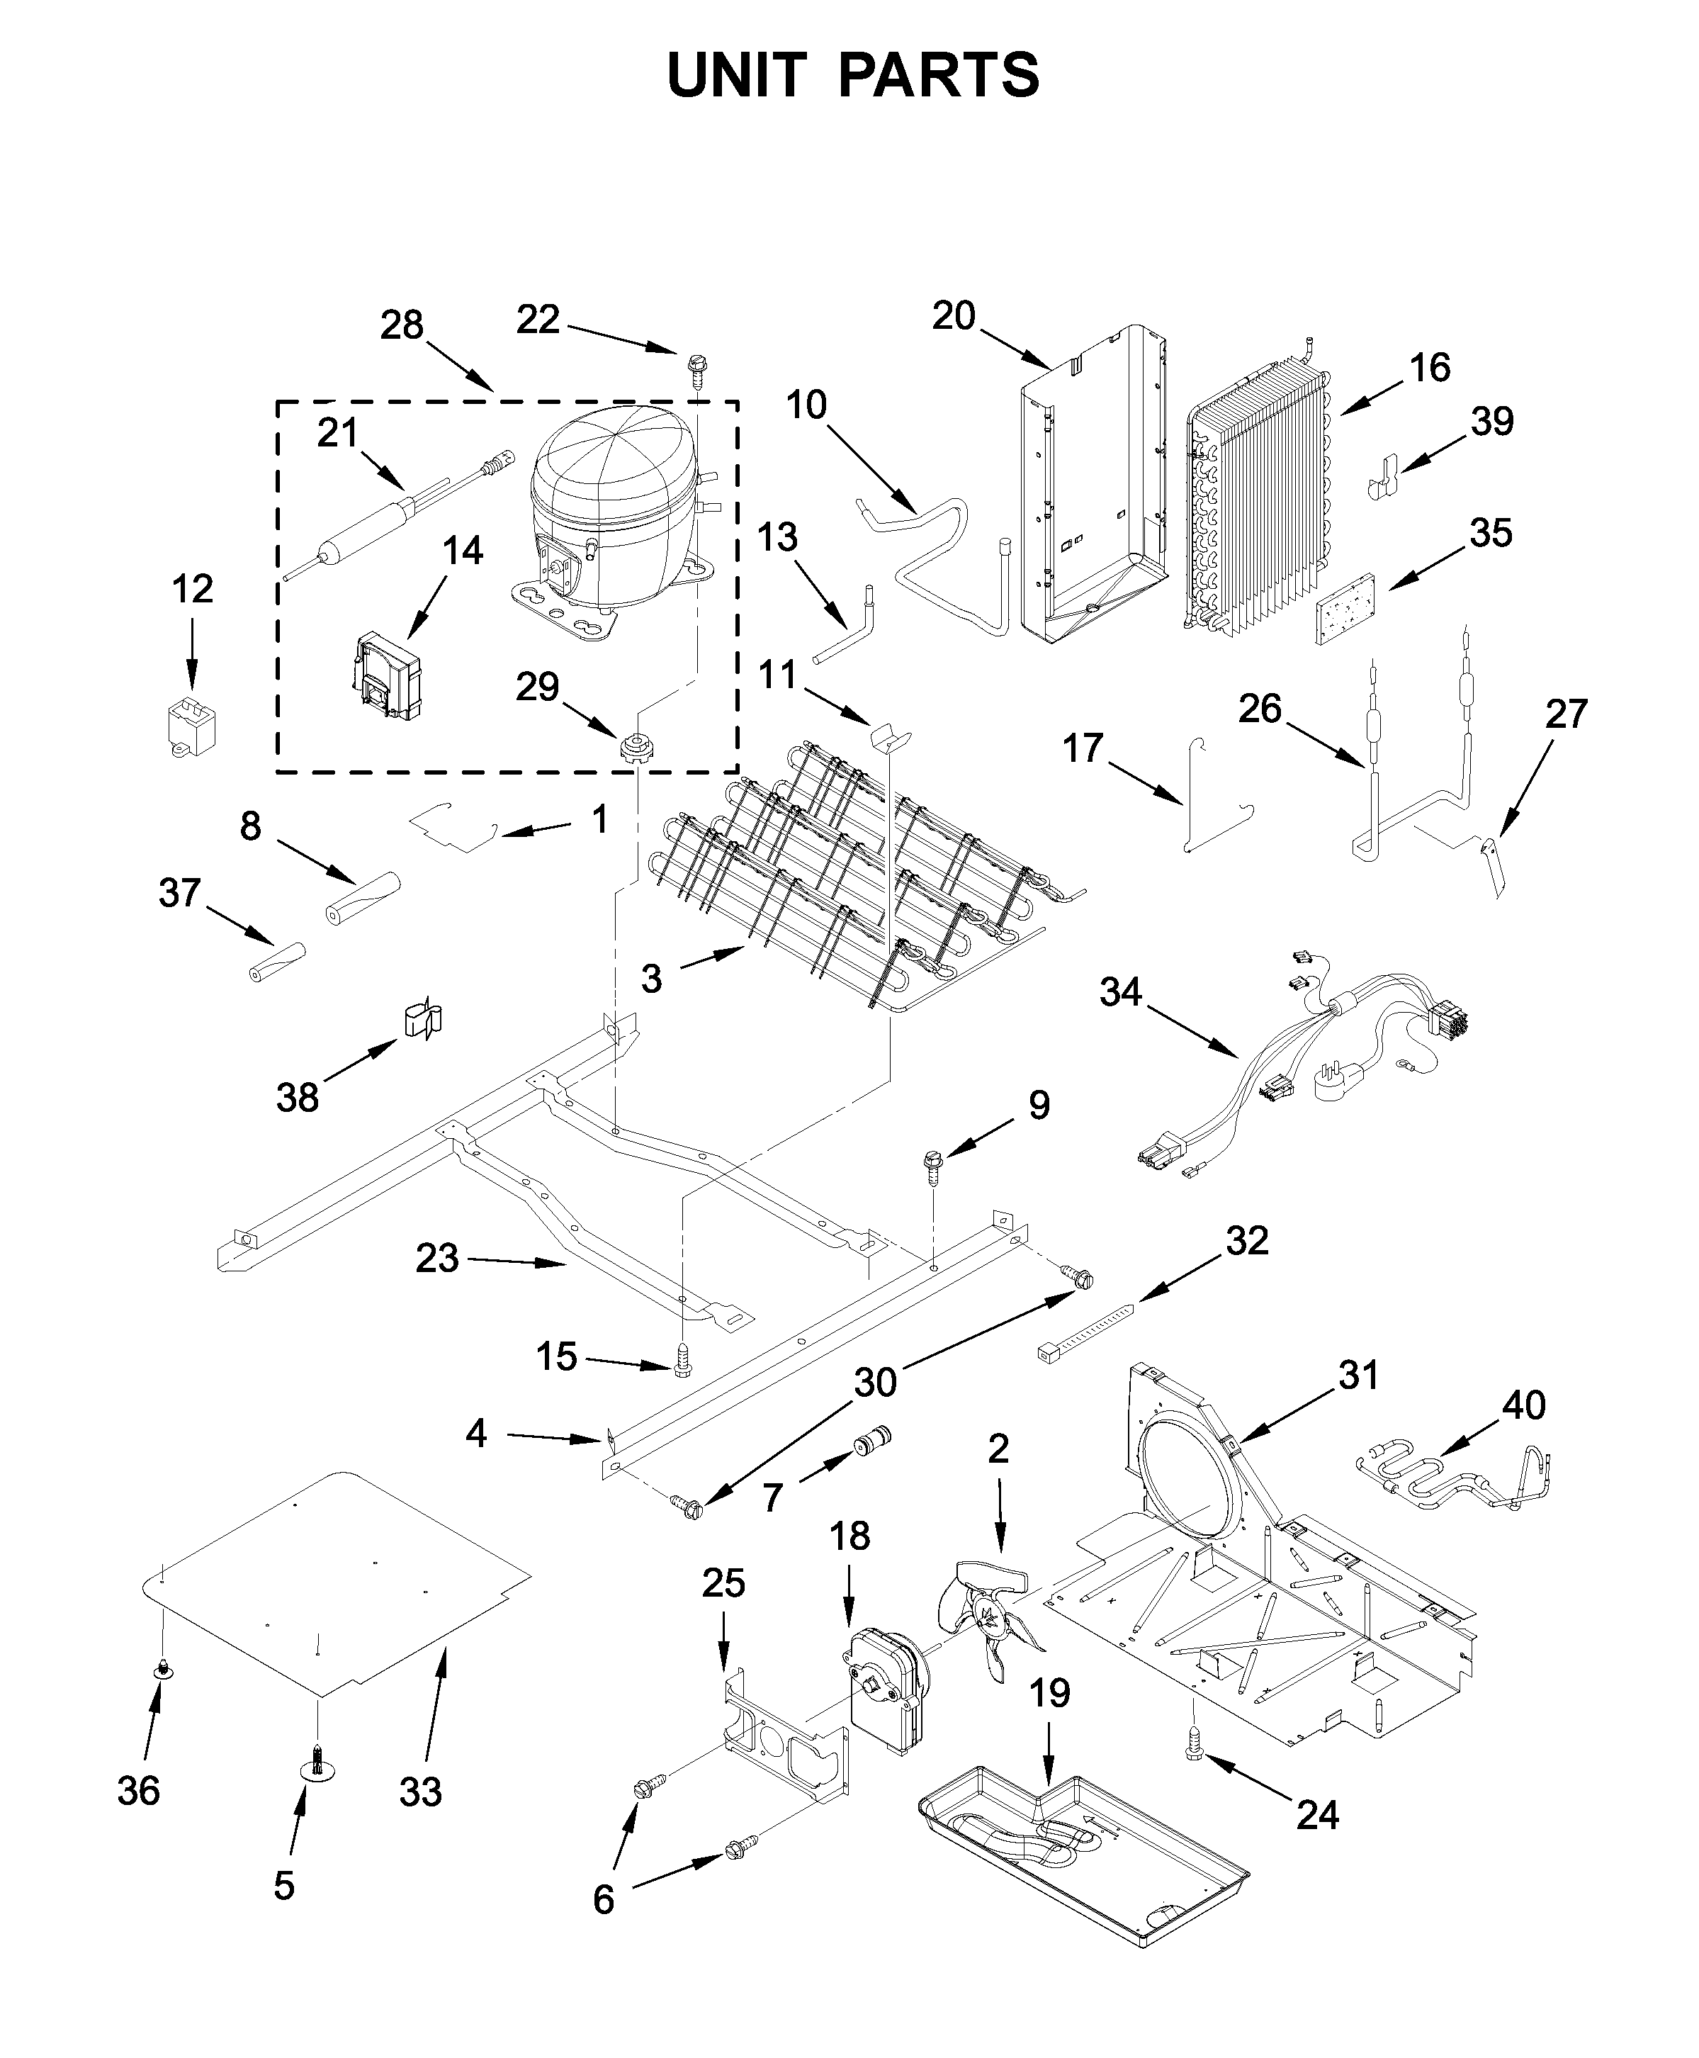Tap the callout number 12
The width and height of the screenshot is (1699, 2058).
tap(192, 590)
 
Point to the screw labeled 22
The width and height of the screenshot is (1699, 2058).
tap(697, 371)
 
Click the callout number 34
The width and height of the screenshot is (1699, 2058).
tap(1121, 992)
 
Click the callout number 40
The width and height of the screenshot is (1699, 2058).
tap(1524, 1405)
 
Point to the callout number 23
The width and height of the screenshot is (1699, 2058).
tap(436, 1258)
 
